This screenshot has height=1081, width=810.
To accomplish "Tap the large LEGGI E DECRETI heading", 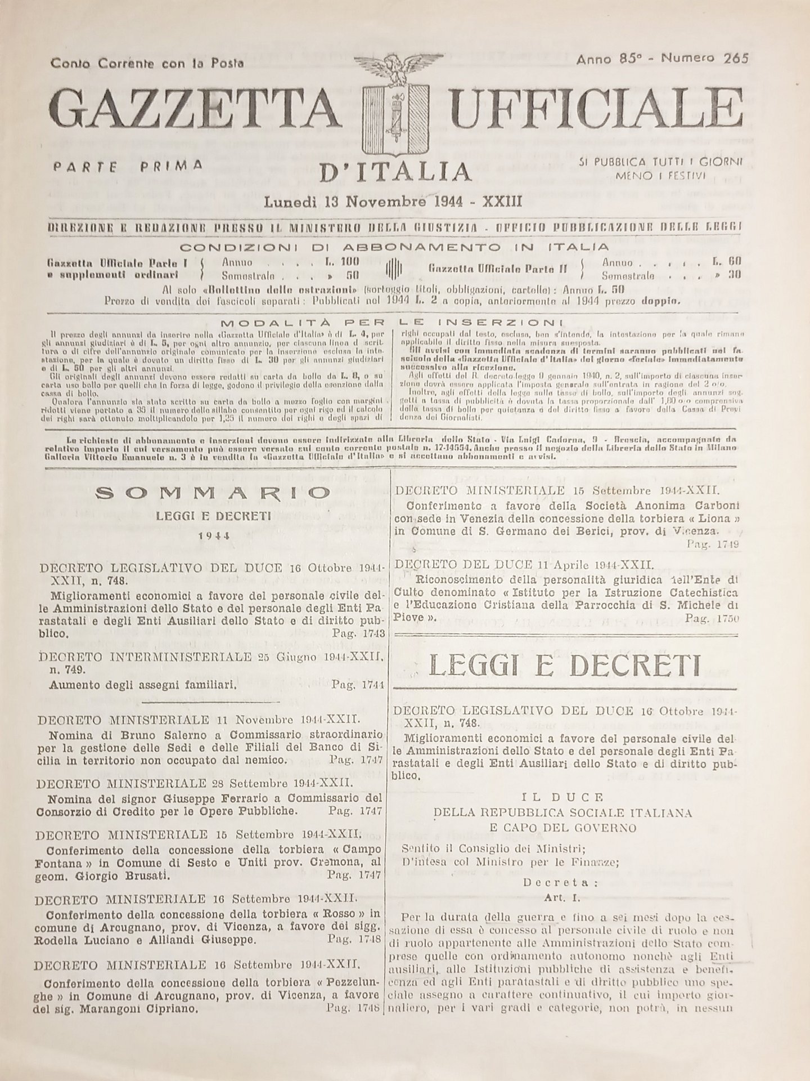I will coord(565,667).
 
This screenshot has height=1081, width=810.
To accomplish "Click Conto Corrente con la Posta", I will coord(147,64).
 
